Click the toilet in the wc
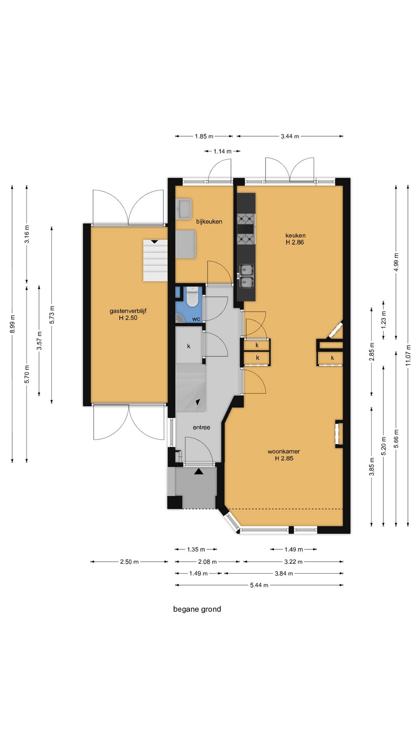pos(192,296)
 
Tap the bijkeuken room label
pos(209,221)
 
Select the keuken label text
pos(295,235)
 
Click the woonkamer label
pos(283,451)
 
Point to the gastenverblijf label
pos(128,311)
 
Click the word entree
pos(201,427)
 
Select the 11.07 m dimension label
pos(408,355)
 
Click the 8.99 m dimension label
pos(12,324)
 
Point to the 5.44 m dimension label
pos(259,585)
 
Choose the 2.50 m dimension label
pos(129,561)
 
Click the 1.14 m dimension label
pos(222,151)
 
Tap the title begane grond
pos(197,609)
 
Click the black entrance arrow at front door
pos(199,472)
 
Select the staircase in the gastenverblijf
pos(155,260)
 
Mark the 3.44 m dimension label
pos(290,136)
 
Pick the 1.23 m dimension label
pos(383,319)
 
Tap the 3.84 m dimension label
pos(284,573)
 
